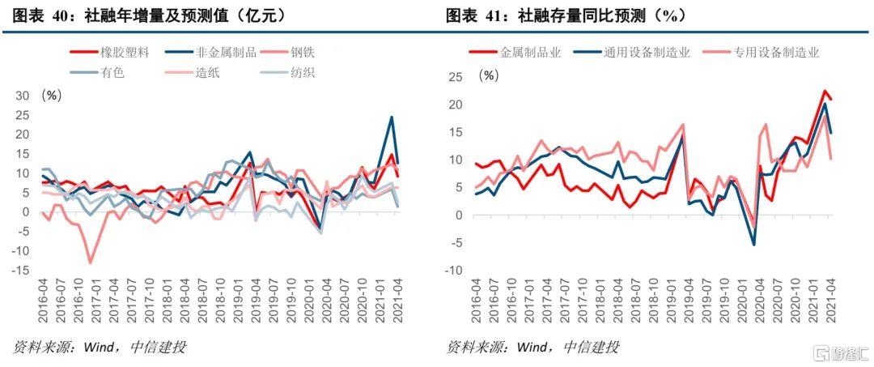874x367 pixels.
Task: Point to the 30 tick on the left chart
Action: [23, 96]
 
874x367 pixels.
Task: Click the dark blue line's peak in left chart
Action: [392, 117]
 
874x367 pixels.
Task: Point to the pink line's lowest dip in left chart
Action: [91, 262]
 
